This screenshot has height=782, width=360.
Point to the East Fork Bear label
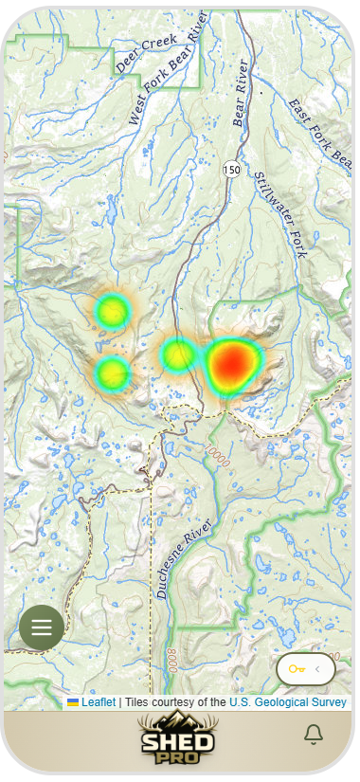pos(319,133)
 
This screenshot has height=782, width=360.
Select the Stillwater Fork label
pos(280,215)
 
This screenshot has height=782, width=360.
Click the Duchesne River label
pos(172,564)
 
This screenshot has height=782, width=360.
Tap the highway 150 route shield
pos(232,169)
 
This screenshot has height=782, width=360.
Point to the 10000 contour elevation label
pos(217,453)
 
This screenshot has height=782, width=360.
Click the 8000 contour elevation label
pos(171,660)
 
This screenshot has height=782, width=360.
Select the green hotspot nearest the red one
pos(178,355)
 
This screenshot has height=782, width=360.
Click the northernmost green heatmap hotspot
pos(112,310)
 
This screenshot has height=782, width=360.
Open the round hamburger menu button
pos(42,627)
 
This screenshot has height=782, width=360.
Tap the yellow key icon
pos(297,669)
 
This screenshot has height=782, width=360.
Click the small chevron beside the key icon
pos(317,669)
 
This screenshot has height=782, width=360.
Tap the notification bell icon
pos(313,735)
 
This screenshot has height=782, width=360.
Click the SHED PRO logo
pos(177,738)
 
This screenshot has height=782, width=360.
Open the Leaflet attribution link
pos(98,702)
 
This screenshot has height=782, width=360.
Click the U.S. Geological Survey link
pos(288,702)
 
